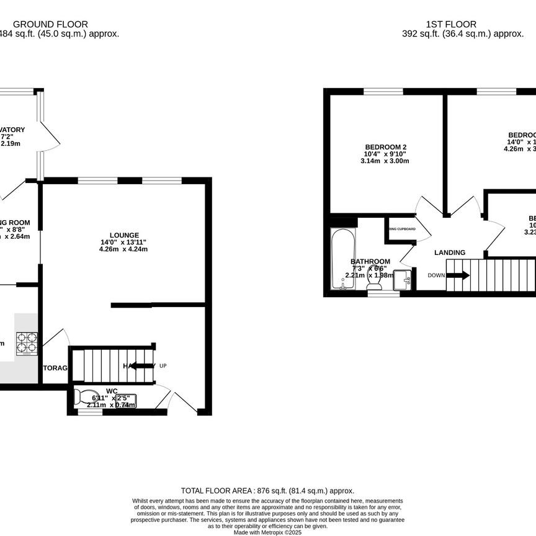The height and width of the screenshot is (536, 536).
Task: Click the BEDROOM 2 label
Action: (385, 147)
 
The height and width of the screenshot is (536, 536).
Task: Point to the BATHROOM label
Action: (370, 261)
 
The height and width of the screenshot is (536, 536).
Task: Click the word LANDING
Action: (450, 252)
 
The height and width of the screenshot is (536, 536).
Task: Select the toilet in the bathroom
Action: (374, 283)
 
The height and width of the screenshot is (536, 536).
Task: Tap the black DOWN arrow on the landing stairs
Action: (461, 275)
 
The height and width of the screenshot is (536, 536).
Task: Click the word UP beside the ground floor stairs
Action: (163, 366)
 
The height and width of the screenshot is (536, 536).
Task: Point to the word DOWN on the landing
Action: (435, 275)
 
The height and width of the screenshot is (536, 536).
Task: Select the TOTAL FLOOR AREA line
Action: (267, 490)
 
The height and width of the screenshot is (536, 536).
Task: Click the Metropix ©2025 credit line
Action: (267, 532)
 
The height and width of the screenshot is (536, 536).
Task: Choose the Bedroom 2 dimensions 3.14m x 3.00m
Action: (385, 161)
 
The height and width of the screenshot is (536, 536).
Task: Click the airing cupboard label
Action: (401, 229)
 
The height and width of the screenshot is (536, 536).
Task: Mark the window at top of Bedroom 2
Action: (383, 92)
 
